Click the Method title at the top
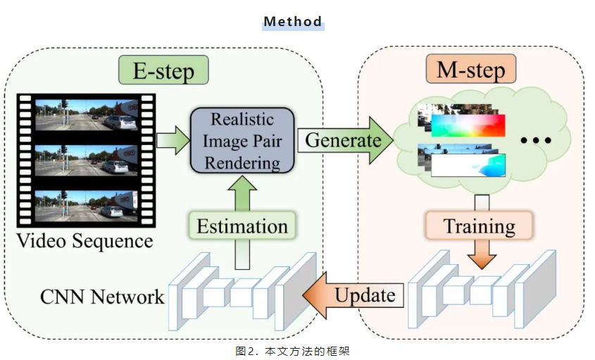(x=293, y=21)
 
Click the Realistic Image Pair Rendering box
(x=242, y=139)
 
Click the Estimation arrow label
(x=242, y=226)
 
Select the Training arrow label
(x=480, y=226)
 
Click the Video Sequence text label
(x=84, y=241)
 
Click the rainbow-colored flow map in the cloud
(x=468, y=124)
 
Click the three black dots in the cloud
(x=534, y=140)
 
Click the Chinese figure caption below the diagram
(x=292, y=350)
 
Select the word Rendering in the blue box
(x=242, y=163)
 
